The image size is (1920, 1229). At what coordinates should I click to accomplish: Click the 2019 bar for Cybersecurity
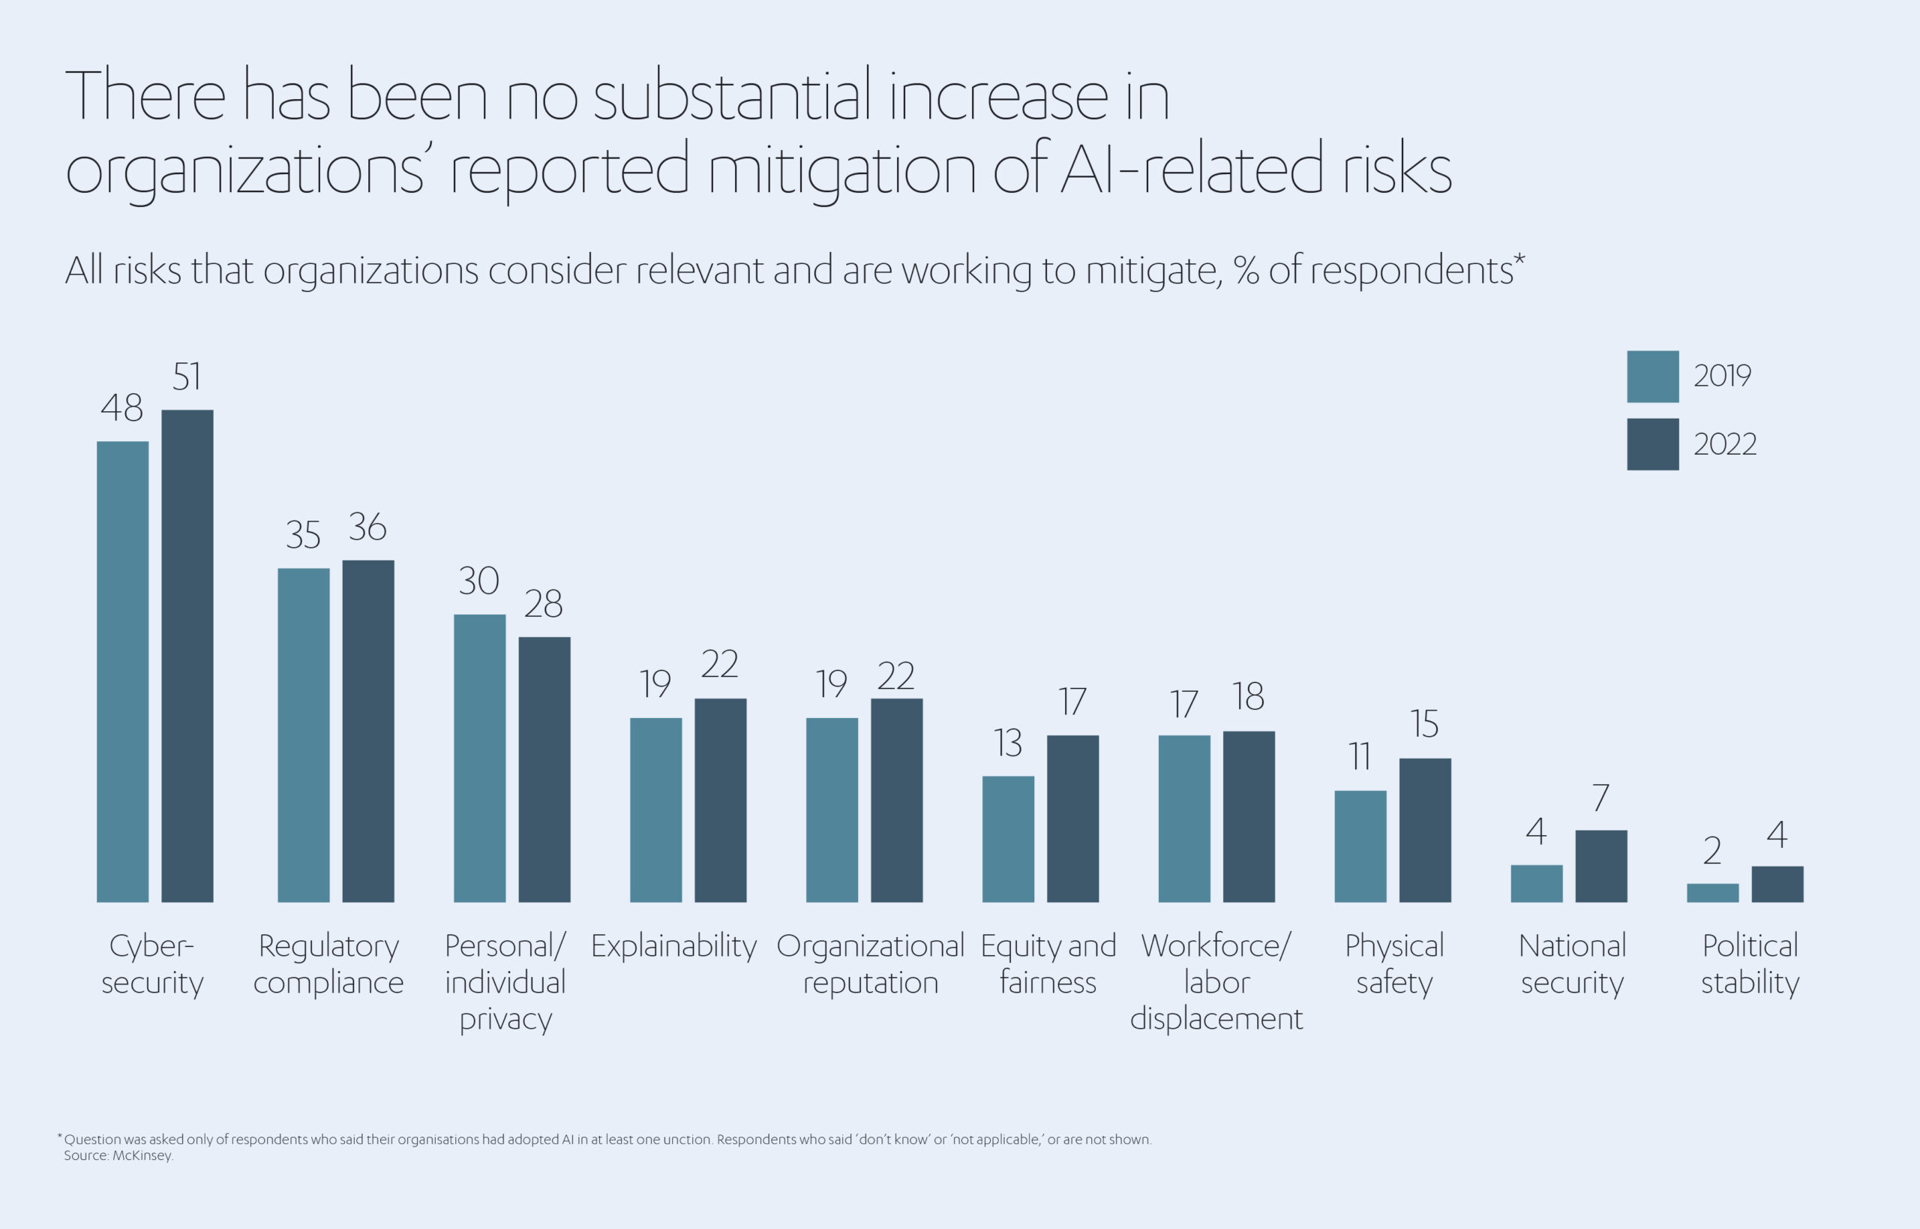123,672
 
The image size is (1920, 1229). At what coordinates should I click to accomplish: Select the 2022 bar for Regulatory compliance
368,731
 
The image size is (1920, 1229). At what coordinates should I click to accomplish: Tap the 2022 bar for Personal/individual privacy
544,769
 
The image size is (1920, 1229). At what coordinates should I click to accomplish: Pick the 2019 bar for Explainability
655,810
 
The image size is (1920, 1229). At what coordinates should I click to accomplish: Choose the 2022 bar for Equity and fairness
1072,819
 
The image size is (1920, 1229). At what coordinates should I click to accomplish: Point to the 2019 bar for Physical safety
1360,847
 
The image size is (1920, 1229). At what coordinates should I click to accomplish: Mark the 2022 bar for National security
1601,867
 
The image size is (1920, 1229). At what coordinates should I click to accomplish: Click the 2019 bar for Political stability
1712,893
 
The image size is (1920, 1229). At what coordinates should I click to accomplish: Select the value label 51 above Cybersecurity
187,377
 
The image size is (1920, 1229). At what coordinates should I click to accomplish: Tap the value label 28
543,604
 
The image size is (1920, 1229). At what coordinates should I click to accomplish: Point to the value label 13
1008,743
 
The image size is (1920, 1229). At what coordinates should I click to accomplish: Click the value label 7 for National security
1601,798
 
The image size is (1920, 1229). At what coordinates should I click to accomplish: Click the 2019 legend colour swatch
1653,377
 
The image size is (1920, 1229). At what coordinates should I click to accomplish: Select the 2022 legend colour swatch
1653,444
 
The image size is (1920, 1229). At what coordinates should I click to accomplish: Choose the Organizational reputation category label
870,964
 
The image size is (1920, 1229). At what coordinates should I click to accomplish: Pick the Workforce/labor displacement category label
1216,982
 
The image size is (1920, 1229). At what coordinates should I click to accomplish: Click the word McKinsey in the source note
142,1155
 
